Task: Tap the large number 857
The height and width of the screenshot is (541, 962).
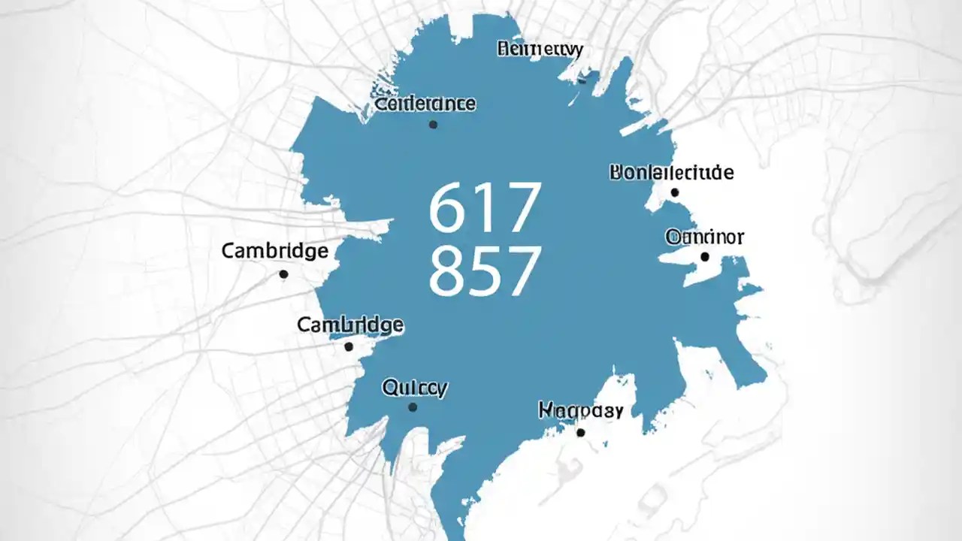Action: [x=485, y=270]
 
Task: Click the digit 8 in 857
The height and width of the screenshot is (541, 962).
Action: [x=448, y=270]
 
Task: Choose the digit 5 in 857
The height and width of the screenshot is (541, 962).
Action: [x=485, y=270]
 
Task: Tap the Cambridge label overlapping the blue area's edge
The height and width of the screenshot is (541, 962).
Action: [x=350, y=325]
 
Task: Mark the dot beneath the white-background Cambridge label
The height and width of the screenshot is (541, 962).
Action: [x=283, y=274]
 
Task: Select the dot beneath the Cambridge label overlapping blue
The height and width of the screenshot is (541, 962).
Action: [x=349, y=346]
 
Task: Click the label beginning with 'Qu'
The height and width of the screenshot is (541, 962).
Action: [x=415, y=388]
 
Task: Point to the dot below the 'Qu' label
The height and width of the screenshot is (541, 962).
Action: [x=413, y=407]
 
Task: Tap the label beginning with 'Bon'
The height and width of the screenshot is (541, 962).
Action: [x=670, y=173]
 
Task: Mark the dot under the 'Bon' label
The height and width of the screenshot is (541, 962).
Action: [x=675, y=193]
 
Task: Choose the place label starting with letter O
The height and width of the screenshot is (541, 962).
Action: [x=704, y=237]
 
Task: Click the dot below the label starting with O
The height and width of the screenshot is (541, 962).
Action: [x=705, y=257]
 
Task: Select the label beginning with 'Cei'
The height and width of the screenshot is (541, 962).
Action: [x=425, y=104]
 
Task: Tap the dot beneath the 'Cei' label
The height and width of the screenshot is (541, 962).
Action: [x=433, y=125]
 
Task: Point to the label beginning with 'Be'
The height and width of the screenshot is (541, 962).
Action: [x=540, y=50]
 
